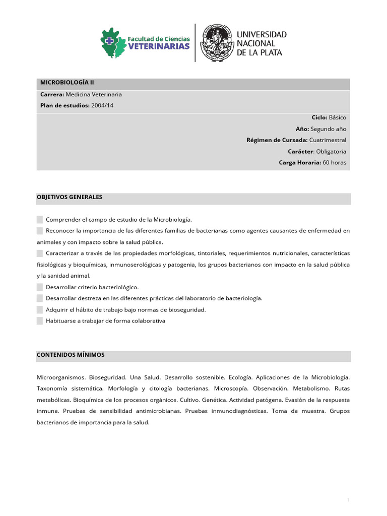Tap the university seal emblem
[217, 43]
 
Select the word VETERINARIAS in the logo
[159, 46]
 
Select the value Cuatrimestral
[328, 140]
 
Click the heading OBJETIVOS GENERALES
[70, 197]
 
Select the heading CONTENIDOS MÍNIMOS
[71, 355]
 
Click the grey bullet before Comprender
[40, 219]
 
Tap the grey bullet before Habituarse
[40, 320]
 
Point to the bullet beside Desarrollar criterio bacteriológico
[40, 287]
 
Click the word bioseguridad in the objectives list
[188, 309]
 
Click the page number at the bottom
[348, 499]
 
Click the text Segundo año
[328, 128]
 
